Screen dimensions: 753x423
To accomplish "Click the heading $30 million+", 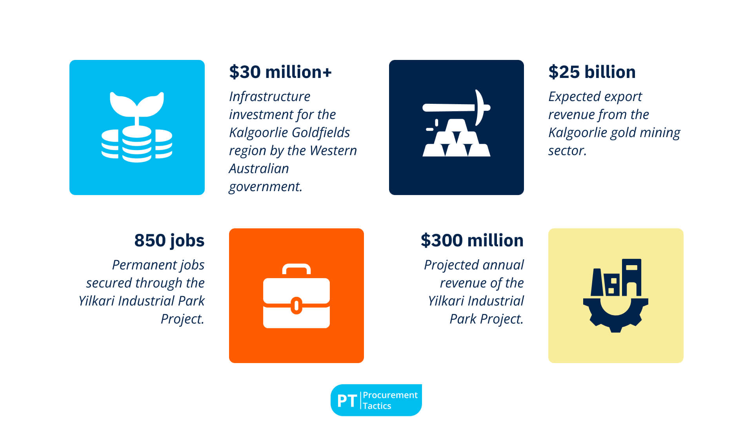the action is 280,72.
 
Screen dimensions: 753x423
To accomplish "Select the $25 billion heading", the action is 592,72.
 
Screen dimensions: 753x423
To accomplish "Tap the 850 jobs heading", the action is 169,240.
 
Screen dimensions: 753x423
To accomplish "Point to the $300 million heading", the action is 472,240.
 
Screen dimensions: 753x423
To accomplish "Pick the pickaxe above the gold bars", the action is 457,107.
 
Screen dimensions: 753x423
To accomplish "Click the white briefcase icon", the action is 296,296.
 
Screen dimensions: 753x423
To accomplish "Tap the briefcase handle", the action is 296,269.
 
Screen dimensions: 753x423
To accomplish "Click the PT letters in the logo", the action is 347,401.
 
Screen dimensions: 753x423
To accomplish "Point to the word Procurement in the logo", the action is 390,395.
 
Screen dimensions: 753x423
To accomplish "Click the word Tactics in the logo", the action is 377,406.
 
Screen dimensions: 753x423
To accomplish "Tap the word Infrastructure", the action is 270,96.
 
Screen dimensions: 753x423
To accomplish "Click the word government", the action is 266,187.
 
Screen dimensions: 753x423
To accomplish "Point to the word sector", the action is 567,151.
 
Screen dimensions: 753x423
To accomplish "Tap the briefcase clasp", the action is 296,305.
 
